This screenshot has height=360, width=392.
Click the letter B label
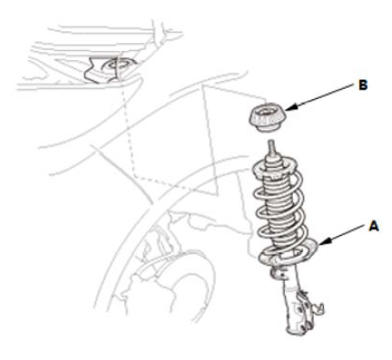click(x=363, y=85)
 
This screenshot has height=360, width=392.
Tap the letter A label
click(x=374, y=227)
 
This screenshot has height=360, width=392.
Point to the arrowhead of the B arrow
click(x=291, y=108)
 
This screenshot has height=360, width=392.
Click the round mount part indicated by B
click(x=267, y=119)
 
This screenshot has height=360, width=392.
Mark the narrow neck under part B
click(x=266, y=128)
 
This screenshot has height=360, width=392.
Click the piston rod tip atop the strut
click(x=271, y=147)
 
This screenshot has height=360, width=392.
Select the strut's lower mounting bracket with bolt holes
click(x=299, y=312)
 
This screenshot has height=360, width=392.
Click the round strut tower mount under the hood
click(x=118, y=67)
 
